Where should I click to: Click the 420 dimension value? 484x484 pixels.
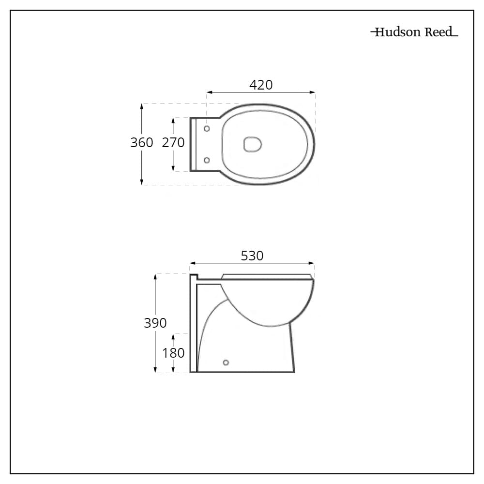pyautogui.click(x=261, y=85)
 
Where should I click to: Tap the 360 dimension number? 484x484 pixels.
pyautogui.click(x=142, y=142)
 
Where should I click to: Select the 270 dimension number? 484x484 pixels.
pyautogui.click(x=173, y=142)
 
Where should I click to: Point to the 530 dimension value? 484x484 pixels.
pyautogui.click(x=252, y=256)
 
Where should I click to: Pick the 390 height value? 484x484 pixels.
pyautogui.click(x=155, y=323)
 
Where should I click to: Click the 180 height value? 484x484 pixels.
pyautogui.click(x=173, y=353)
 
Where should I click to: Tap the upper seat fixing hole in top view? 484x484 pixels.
pyautogui.click(x=207, y=129)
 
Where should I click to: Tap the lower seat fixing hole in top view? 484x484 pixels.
pyautogui.click(x=207, y=160)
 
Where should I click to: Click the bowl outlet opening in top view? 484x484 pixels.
pyautogui.click(x=252, y=144)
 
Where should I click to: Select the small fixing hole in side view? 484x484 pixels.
pyautogui.click(x=225, y=362)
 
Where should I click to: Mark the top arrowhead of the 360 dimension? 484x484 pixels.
pyautogui.click(x=142, y=106)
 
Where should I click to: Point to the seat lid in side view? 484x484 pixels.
pyautogui.click(x=266, y=276)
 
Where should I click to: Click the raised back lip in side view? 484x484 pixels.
pyautogui.click(x=194, y=277)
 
